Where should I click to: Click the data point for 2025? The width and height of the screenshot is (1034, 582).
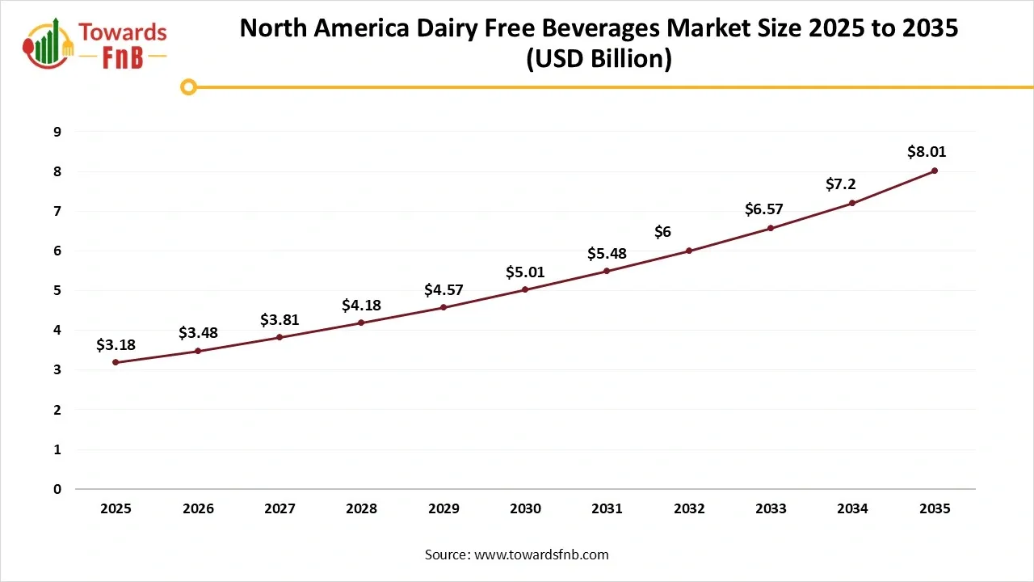coord(116,362)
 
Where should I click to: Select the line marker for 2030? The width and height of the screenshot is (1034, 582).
coord(525,289)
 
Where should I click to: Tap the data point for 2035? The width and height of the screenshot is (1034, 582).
coord(934,171)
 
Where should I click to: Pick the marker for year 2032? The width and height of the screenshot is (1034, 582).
coord(689,251)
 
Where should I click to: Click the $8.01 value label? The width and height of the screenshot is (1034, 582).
coord(926,151)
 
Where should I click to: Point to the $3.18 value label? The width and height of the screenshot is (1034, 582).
coord(116,345)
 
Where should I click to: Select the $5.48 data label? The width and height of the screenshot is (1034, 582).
coord(607,254)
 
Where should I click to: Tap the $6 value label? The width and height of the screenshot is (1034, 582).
coord(662,232)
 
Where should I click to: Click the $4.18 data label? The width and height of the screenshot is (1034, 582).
coord(361,306)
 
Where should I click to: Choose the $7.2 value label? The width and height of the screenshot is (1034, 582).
coord(840,184)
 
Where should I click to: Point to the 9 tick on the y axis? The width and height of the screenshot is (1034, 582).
coord(57,132)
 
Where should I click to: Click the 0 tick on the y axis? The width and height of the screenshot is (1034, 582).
coord(57,489)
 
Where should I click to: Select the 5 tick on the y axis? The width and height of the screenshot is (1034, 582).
coord(57,290)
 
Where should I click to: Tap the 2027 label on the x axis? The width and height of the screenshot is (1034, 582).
coord(280,509)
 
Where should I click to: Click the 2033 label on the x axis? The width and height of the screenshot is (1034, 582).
coord(771,509)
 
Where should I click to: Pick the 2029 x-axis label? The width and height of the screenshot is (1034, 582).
coord(443,509)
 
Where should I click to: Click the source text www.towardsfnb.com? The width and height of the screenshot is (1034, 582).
coord(540,555)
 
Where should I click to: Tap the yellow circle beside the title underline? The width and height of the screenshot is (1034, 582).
coord(188,87)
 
